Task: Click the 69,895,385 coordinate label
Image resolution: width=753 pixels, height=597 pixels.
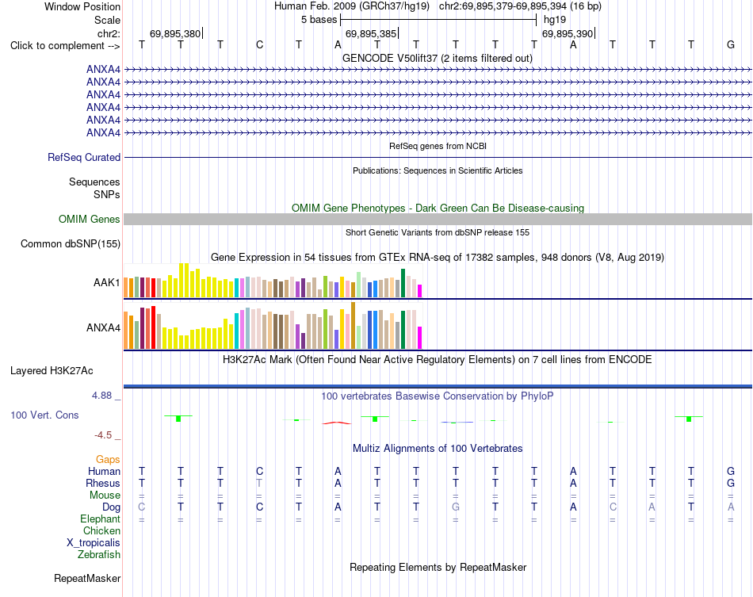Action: pyautogui.click(x=371, y=33)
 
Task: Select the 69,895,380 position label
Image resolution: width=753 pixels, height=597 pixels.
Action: pyautogui.click(x=175, y=33)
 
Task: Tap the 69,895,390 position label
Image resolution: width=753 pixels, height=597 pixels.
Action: pyautogui.click(x=568, y=33)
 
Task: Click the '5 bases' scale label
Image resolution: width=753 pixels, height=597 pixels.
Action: pyautogui.click(x=319, y=20)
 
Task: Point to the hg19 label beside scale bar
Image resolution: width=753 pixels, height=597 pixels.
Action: pyautogui.click(x=555, y=20)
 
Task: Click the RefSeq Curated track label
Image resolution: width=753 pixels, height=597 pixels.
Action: pyautogui.click(x=84, y=157)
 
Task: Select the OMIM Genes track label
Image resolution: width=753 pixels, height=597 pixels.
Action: pyautogui.click(x=90, y=219)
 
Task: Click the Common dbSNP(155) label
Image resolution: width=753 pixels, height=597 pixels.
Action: pyautogui.click(x=71, y=244)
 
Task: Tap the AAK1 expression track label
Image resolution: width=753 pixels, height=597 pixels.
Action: pyautogui.click(x=107, y=282)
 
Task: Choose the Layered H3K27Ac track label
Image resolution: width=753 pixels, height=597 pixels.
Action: pyautogui.click(x=52, y=371)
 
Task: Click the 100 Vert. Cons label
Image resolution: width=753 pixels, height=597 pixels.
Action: pyautogui.click(x=44, y=415)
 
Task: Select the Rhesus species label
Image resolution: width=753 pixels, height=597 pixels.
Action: pyautogui.click(x=103, y=483)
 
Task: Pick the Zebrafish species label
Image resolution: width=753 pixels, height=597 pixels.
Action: pyautogui.click(x=99, y=554)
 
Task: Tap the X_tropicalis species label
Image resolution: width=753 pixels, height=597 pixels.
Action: pyautogui.click(x=94, y=543)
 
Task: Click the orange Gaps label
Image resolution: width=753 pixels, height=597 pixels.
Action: pyautogui.click(x=108, y=460)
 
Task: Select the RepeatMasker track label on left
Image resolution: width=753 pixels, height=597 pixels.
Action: pyautogui.click(x=87, y=578)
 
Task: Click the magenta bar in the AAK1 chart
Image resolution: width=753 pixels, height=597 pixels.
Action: pyautogui.click(x=420, y=291)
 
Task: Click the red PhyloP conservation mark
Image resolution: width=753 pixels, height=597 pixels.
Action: pyautogui.click(x=337, y=423)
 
